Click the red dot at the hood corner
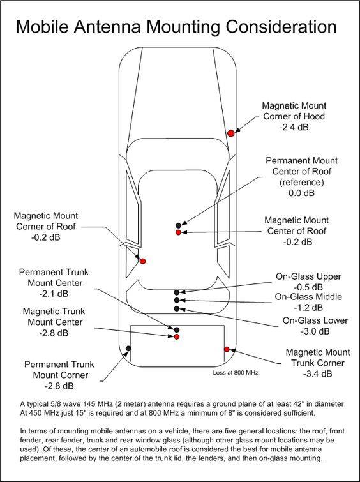(x=231, y=133)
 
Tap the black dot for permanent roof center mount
(x=178, y=225)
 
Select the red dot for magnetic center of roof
(x=178, y=232)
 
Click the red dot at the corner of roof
(x=142, y=261)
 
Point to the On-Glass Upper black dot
(x=176, y=292)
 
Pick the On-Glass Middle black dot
(x=176, y=300)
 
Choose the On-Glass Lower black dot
(x=176, y=308)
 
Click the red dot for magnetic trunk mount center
(x=176, y=336)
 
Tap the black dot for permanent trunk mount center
(x=176, y=330)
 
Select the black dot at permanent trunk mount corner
(x=128, y=349)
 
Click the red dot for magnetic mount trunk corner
(x=227, y=349)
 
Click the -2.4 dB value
(x=294, y=127)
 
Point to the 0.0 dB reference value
(x=301, y=193)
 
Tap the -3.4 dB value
(x=318, y=374)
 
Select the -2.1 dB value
(x=54, y=294)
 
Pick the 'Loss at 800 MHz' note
(x=236, y=373)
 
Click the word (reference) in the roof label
(x=302, y=183)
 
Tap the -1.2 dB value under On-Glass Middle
(x=308, y=308)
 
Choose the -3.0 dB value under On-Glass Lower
(x=315, y=331)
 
